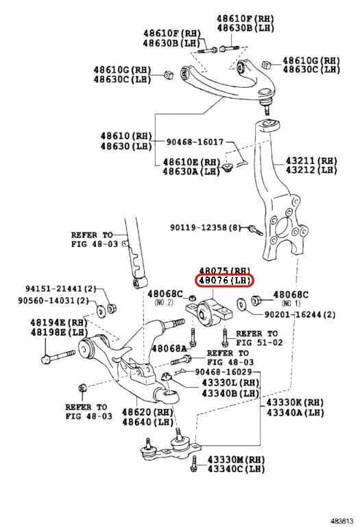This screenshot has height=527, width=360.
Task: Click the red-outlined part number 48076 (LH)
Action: (x=225, y=281)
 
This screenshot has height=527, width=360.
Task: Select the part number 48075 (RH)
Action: (x=225, y=270)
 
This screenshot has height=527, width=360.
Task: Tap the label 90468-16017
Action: (x=195, y=142)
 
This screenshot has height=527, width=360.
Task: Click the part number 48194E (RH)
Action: (x=58, y=322)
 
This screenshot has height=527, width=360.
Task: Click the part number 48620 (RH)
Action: (x=147, y=412)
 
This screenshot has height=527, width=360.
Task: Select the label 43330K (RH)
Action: (x=295, y=402)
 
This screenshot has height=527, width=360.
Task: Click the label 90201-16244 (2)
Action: (x=300, y=314)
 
